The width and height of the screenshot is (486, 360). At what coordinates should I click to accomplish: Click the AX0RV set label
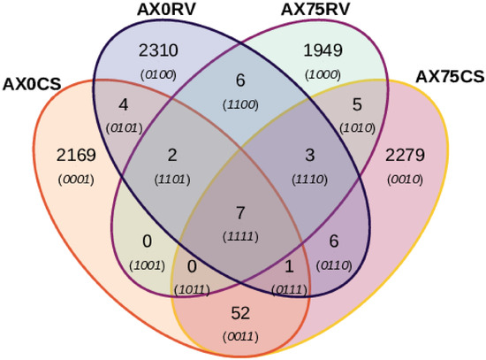166,10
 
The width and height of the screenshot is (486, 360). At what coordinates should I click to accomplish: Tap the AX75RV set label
315,10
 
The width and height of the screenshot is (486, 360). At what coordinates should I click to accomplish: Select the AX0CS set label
32,84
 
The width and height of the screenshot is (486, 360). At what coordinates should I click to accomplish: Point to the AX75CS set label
450,77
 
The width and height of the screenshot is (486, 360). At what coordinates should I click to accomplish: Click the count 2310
158,50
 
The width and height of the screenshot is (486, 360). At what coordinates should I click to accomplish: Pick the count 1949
323,50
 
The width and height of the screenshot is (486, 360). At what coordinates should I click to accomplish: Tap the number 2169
76,155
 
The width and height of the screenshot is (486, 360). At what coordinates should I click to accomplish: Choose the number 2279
405,155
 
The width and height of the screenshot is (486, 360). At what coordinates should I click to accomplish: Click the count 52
240,313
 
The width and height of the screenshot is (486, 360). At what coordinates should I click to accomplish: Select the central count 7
240,213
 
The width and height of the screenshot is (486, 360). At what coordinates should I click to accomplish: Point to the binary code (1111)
240,237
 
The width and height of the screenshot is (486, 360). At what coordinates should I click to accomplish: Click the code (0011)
240,337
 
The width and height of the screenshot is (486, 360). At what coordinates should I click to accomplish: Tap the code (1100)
240,105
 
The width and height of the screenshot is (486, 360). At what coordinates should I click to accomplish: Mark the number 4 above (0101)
124,105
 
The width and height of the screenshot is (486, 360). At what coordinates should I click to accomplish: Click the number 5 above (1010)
357,105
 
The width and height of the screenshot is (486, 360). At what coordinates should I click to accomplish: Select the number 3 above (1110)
309,155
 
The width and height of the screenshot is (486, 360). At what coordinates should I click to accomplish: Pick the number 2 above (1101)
172,155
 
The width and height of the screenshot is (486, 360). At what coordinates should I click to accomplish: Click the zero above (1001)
148,241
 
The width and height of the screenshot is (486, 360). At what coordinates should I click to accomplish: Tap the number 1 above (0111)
289,266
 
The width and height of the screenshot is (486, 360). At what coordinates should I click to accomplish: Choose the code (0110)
334,265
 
